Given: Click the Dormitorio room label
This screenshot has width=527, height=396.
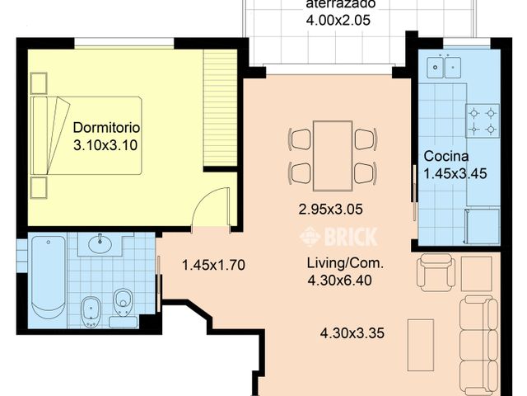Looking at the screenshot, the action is [106, 128].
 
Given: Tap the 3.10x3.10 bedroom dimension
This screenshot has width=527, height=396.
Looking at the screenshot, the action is [105, 145].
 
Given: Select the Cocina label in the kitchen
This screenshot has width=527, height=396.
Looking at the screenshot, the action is [446, 156].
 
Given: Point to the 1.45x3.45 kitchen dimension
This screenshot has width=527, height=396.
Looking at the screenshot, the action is [455, 174].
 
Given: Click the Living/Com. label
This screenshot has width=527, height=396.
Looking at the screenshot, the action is [345, 263].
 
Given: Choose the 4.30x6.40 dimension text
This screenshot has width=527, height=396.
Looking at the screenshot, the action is [340, 280].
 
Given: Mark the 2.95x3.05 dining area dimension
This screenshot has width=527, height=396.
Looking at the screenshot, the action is [331, 210].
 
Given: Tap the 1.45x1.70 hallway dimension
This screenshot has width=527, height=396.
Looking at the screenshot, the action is [213, 265].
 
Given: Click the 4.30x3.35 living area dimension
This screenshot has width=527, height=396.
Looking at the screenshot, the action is [352, 333].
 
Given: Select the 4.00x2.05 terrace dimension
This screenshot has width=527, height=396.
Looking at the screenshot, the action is [338, 20].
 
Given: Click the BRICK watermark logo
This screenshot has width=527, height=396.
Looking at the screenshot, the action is [338, 237].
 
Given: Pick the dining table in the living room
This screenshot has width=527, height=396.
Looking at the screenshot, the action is [333, 156].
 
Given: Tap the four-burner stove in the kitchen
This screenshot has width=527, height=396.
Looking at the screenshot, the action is [483, 121].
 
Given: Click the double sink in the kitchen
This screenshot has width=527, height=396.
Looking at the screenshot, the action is [444, 67].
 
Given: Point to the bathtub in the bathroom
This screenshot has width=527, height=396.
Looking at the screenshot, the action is [49, 277].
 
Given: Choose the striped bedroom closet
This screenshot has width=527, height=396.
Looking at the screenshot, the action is [220, 108].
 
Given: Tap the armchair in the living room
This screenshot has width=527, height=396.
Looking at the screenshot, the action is [436, 272].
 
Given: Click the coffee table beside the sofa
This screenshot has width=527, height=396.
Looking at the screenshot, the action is [421, 345].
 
